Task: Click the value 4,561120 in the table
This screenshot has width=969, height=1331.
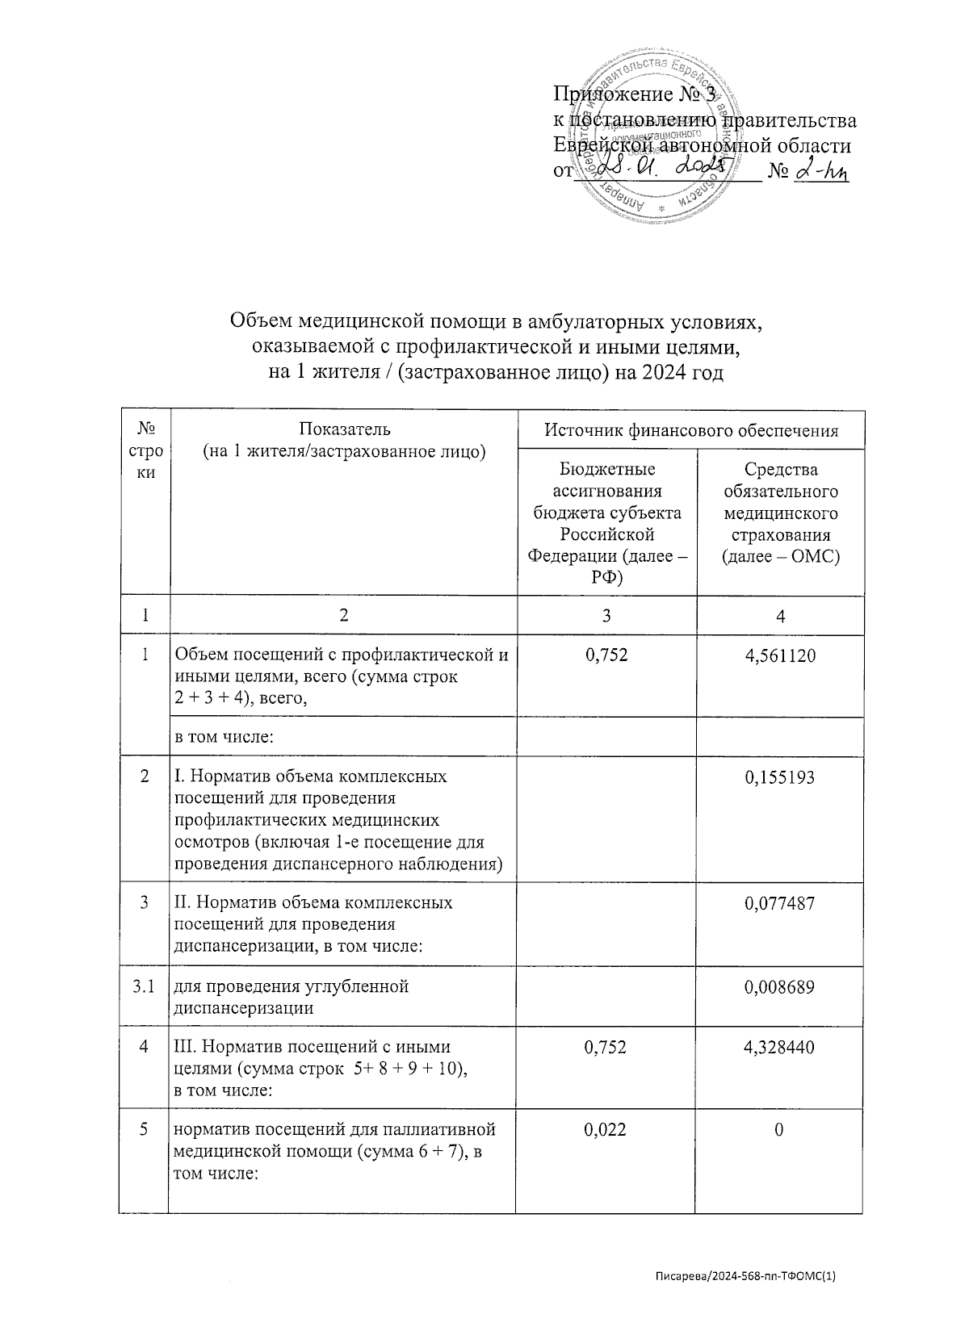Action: pyautogui.click(x=779, y=655)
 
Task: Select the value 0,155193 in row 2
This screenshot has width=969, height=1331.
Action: pyautogui.click(x=779, y=777)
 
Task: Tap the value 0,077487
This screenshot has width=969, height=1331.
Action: pyautogui.click(x=779, y=902)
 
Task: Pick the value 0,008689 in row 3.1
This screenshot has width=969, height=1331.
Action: pyautogui.click(x=779, y=986)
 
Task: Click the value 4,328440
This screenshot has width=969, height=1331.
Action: pyautogui.click(x=779, y=1047)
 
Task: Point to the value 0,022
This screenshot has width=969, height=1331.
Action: pyautogui.click(x=606, y=1130)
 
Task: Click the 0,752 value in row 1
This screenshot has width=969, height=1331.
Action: pyautogui.click(x=606, y=655)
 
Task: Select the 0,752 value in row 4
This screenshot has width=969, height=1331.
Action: pyautogui.click(x=606, y=1047)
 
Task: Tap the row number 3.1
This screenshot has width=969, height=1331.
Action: pyautogui.click(x=144, y=986)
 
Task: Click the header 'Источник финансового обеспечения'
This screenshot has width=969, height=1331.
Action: pyautogui.click(x=691, y=431)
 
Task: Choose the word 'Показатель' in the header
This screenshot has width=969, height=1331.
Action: pyautogui.click(x=344, y=429)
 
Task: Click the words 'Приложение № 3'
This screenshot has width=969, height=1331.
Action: pyautogui.click(x=634, y=95)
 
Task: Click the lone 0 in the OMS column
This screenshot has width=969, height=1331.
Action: pyautogui.click(x=779, y=1130)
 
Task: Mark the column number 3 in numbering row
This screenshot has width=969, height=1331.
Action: pyautogui.click(x=606, y=616)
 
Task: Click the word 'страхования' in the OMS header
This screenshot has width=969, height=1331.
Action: pyautogui.click(x=780, y=535)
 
